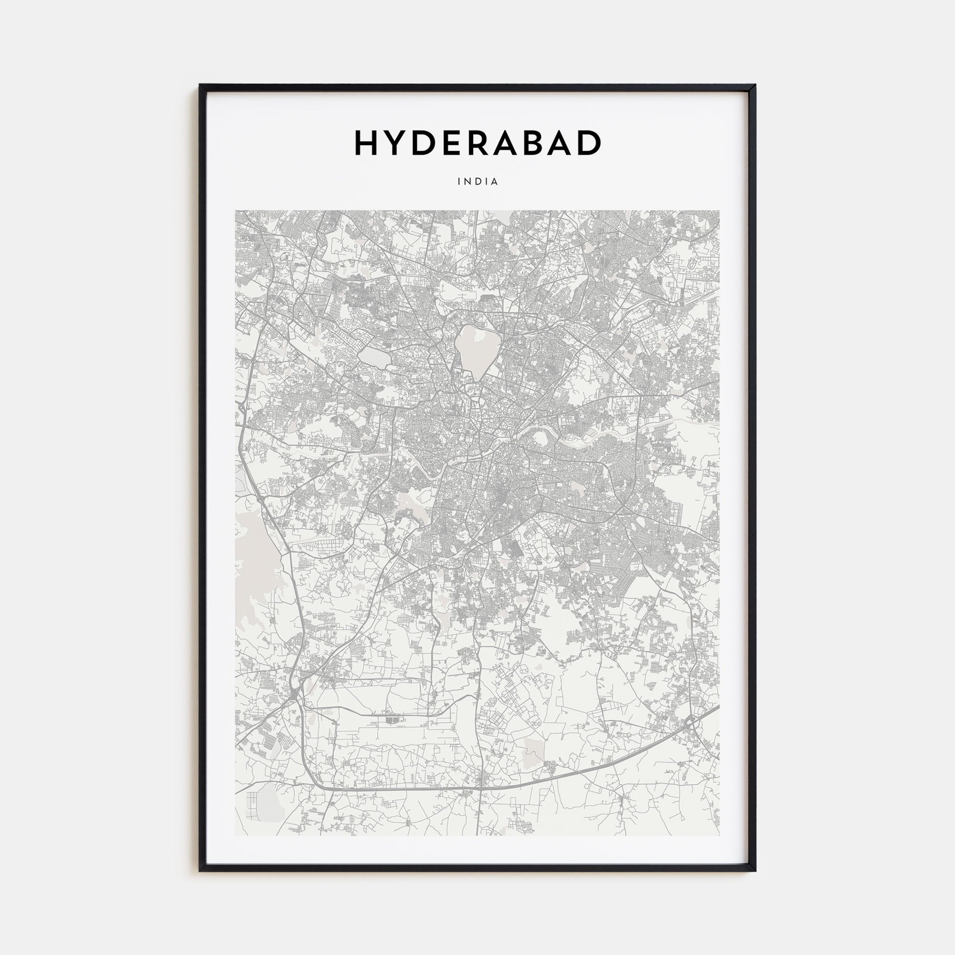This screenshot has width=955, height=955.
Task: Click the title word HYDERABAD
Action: click(x=477, y=143)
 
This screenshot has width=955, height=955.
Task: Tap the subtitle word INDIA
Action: click(x=477, y=181)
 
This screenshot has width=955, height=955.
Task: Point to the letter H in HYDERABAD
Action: click(x=366, y=143)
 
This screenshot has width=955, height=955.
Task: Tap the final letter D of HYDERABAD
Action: click(x=588, y=143)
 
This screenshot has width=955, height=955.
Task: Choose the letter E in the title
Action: click(x=447, y=143)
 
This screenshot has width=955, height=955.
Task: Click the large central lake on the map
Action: click(x=473, y=349)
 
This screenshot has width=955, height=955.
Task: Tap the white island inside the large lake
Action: click(x=479, y=337)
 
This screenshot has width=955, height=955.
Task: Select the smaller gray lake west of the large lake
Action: click(x=375, y=357)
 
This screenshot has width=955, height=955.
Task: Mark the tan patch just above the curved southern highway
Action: click(x=533, y=749)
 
